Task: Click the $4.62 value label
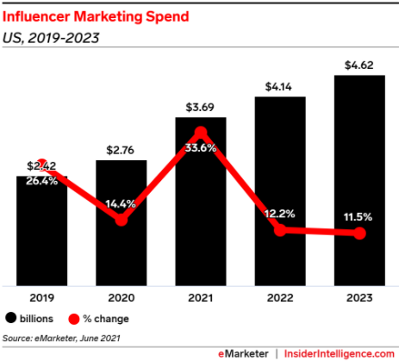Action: point(359,64)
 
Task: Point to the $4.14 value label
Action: point(279,85)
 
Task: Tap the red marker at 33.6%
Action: point(200,133)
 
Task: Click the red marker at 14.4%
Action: point(122,220)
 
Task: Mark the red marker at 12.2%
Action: point(279,229)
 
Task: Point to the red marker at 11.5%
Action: point(359,233)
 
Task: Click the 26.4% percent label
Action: point(41,181)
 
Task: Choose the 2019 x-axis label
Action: point(41,298)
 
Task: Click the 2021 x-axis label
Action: point(200,298)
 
